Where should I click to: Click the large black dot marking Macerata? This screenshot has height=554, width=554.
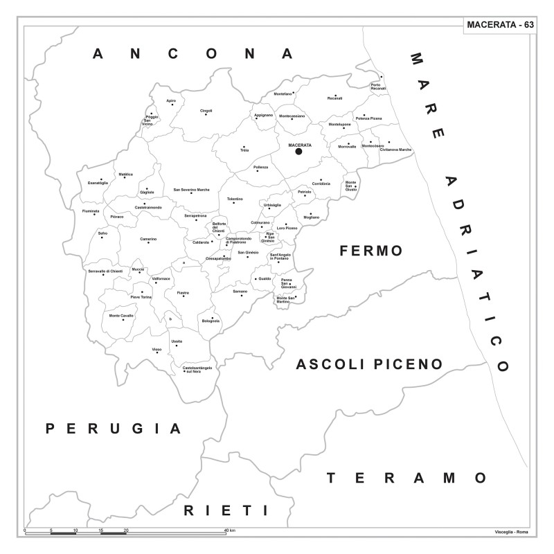pyautogui.click(x=299, y=151)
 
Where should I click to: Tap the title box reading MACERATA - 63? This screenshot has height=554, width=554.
pyautogui.click(x=499, y=25)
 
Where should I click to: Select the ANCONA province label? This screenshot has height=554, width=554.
pyautogui.click(x=193, y=54)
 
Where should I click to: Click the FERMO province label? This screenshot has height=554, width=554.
pyautogui.click(x=371, y=251)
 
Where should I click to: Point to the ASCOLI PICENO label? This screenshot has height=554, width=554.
pyautogui.click(x=369, y=364)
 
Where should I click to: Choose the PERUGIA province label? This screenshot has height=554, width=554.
pyautogui.click(x=114, y=429)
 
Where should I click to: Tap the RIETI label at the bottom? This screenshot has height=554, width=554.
pyautogui.click(x=226, y=510)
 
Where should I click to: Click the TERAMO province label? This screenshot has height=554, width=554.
pyautogui.click(x=407, y=478)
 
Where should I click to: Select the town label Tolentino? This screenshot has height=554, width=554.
pyautogui.click(x=235, y=199)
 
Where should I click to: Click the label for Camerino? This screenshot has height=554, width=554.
pyautogui.click(x=148, y=239)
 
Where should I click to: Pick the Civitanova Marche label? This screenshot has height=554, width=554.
pyautogui.click(x=395, y=150)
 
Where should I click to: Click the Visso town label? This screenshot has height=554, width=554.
pyautogui.click(x=157, y=350)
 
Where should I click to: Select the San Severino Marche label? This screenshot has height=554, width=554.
pyautogui.click(x=191, y=189)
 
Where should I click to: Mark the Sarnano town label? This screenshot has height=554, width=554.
pyautogui.click(x=240, y=292)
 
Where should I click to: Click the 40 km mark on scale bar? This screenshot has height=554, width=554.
pyautogui.click(x=230, y=530)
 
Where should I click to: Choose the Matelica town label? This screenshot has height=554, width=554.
pyautogui.click(x=125, y=175)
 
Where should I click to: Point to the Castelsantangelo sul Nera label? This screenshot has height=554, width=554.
pyautogui.click(x=197, y=369)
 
